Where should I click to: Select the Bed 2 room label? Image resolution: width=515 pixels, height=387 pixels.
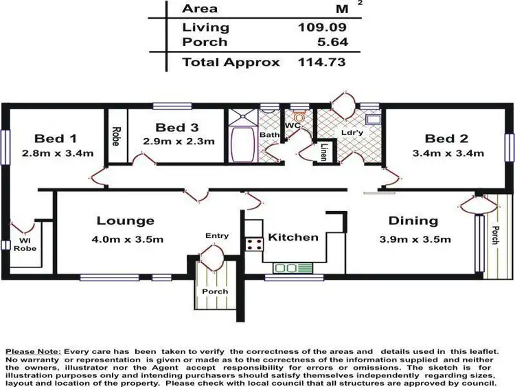click(449, 137)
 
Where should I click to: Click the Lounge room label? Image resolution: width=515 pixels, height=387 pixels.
click(125, 221)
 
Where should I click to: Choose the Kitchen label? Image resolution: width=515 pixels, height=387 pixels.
click(293, 237)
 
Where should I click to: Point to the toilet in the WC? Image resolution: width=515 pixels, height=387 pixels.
click(297, 117)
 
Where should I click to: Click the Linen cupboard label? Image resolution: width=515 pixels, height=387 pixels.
click(323, 152)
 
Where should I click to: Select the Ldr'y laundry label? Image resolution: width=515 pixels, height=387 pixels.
click(352, 132)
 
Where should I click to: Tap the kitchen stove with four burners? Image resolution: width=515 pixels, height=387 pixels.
click(254, 243)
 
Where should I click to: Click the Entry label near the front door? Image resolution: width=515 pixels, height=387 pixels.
click(217, 236)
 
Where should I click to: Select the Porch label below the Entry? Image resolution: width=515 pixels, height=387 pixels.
click(214, 291)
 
